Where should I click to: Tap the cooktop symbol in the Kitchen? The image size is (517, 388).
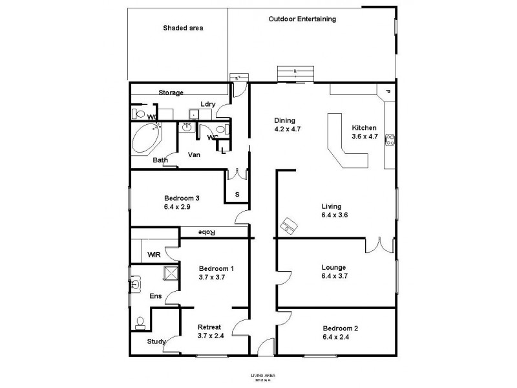coord(390,140)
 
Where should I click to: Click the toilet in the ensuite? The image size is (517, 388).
coord(140,321)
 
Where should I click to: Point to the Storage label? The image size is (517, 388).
coord(171,92)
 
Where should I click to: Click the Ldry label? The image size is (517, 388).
coord(207,104)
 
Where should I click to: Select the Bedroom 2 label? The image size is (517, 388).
coord(340,328)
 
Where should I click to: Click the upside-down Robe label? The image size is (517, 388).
coord(206,232)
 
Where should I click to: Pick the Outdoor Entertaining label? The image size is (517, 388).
coord(302,19)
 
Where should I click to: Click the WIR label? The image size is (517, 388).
coord(154,255)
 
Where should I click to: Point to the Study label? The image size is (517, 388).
coord(156,341)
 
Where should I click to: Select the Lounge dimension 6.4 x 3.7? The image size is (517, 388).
coord(335,276)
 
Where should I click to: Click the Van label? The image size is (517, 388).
coord(194,155)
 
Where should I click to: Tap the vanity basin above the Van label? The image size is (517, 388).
coord(187,127)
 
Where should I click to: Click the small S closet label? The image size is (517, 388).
coord(237,194)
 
